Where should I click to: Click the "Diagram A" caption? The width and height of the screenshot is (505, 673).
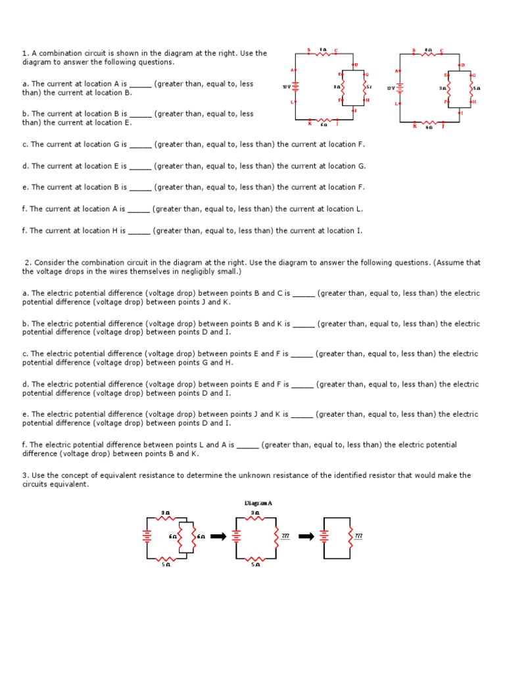[258, 503]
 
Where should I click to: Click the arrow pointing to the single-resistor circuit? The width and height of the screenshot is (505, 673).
[306, 536]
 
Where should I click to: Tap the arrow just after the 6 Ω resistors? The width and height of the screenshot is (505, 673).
[218, 536]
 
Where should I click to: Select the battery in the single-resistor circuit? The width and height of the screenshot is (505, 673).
[324, 536]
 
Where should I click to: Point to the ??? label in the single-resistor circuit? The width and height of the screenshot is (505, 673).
[358, 536]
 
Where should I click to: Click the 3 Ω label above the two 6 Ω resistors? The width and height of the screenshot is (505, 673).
[166, 512]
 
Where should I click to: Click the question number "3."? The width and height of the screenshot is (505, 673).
[25, 475]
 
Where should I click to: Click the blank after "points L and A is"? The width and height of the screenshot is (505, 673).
[247, 445]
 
